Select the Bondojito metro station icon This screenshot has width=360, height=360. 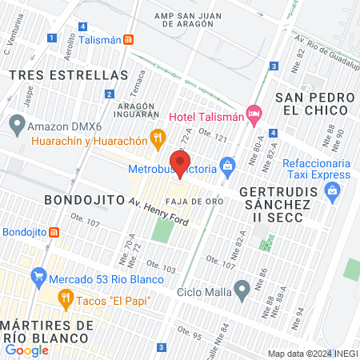coord(54,232)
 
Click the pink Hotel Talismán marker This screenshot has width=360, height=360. coord(254,114)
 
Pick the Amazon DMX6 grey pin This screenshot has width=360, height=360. coord(16,125)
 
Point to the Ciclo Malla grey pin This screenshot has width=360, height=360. coord(242,290)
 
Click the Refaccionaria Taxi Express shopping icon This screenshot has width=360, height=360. coord(333,190)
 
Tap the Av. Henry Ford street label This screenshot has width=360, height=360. coord(161,213)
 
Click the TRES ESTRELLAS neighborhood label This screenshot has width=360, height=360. coord(68,74)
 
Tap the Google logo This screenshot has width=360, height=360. coord(27,350)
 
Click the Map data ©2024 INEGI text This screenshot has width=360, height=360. coord(311,354)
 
